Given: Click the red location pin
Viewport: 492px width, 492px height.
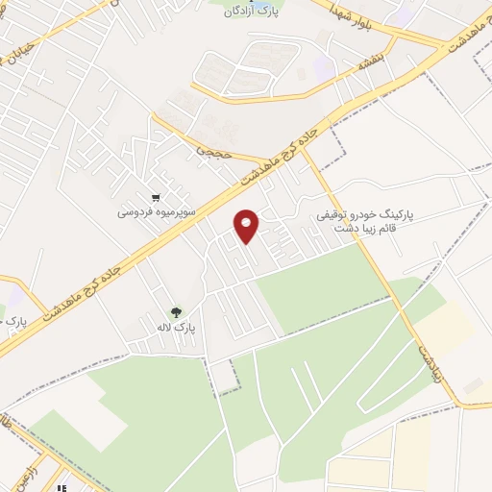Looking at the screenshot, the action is tap(247, 225).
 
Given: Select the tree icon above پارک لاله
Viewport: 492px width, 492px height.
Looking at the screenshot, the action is tap(176, 310).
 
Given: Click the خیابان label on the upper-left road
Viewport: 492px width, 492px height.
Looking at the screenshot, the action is tap(29, 45).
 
